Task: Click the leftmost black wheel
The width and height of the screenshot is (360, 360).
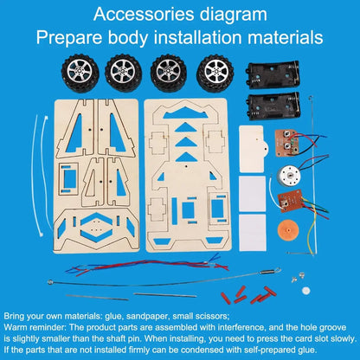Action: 80,74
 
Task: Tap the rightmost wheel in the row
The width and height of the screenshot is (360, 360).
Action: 215,74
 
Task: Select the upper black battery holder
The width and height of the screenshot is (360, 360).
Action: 273,74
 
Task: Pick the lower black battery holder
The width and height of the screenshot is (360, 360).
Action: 273,106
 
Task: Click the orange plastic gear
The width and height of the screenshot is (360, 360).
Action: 287,230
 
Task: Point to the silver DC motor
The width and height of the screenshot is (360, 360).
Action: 288,176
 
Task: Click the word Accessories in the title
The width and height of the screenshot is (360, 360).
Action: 145,14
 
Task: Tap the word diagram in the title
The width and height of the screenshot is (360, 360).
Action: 234,15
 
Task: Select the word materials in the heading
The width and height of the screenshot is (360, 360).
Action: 285,37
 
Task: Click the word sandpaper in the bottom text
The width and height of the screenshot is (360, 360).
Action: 147,317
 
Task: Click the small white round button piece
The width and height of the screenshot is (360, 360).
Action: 305,291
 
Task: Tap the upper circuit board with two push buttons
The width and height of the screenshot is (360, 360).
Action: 287,144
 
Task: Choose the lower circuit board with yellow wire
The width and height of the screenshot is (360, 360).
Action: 290,201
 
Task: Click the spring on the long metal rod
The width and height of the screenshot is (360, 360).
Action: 267,272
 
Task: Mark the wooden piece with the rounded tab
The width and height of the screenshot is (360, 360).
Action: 254,149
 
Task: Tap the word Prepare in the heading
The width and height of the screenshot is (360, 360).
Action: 69,38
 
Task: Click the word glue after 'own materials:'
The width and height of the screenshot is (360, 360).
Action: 114,317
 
